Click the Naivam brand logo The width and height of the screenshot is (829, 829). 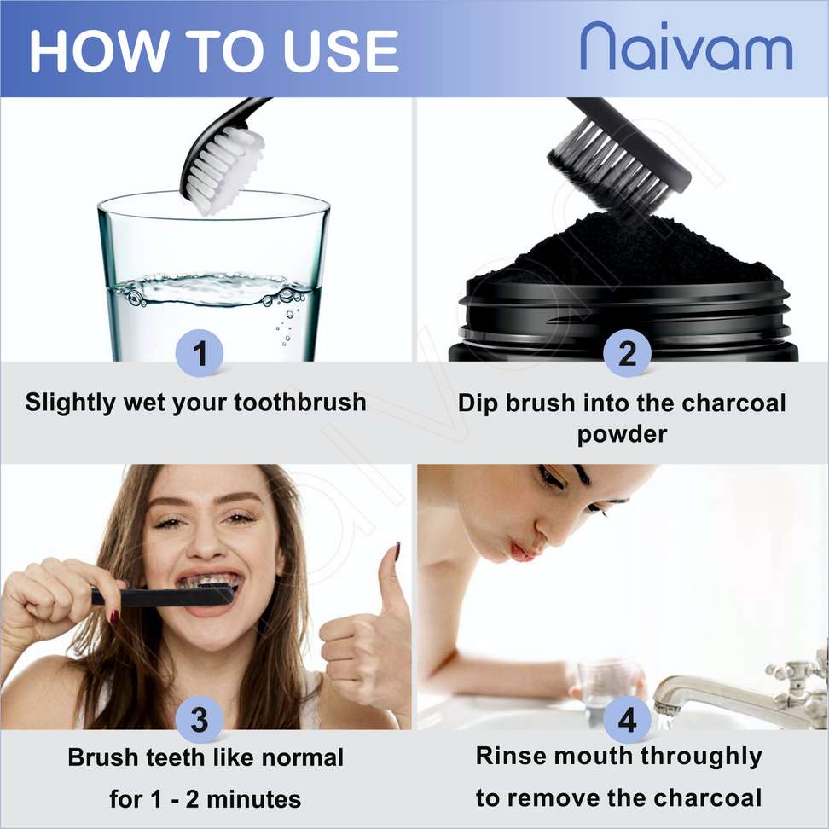(x=687, y=47)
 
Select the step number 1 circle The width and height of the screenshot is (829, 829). (x=200, y=352)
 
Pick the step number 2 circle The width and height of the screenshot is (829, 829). (x=627, y=352)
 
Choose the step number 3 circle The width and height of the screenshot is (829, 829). (x=200, y=720)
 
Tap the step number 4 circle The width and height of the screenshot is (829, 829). (x=627, y=720)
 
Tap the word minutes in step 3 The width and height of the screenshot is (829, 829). (x=254, y=799)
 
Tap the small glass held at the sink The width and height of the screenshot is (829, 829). (x=606, y=682)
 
